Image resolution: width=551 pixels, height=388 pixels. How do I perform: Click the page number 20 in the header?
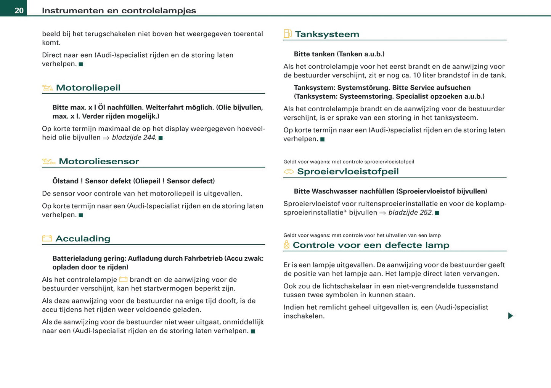coord(19,10)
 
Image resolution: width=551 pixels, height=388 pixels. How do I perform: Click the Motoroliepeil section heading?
coord(88,88)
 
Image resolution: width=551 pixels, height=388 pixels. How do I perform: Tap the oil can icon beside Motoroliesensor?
coord(48,162)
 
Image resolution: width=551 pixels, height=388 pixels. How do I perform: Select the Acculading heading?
coord(83,239)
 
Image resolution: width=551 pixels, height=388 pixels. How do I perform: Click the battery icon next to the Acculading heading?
coord(47,239)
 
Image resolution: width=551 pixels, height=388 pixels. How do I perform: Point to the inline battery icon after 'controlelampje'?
coord(123,279)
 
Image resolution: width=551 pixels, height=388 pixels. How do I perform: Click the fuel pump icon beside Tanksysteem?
coord(288,34)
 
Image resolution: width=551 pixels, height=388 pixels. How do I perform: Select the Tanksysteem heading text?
coord(327,34)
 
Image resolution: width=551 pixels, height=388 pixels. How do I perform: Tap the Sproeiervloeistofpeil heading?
coord(348,172)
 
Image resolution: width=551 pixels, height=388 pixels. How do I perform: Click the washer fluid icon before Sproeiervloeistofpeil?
coord(289,172)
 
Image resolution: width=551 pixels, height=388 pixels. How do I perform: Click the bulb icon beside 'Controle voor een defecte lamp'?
coord(287,245)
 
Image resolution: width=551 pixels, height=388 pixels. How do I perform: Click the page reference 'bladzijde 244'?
coord(134,138)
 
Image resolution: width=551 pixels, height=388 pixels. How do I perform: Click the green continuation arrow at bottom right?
coord(511,316)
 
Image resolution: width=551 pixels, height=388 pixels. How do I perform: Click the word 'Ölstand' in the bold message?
coord(65,181)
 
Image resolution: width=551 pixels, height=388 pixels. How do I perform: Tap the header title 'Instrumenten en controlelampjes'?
coord(119,11)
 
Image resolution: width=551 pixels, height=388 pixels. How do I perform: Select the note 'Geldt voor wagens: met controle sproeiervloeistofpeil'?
coord(349,162)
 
